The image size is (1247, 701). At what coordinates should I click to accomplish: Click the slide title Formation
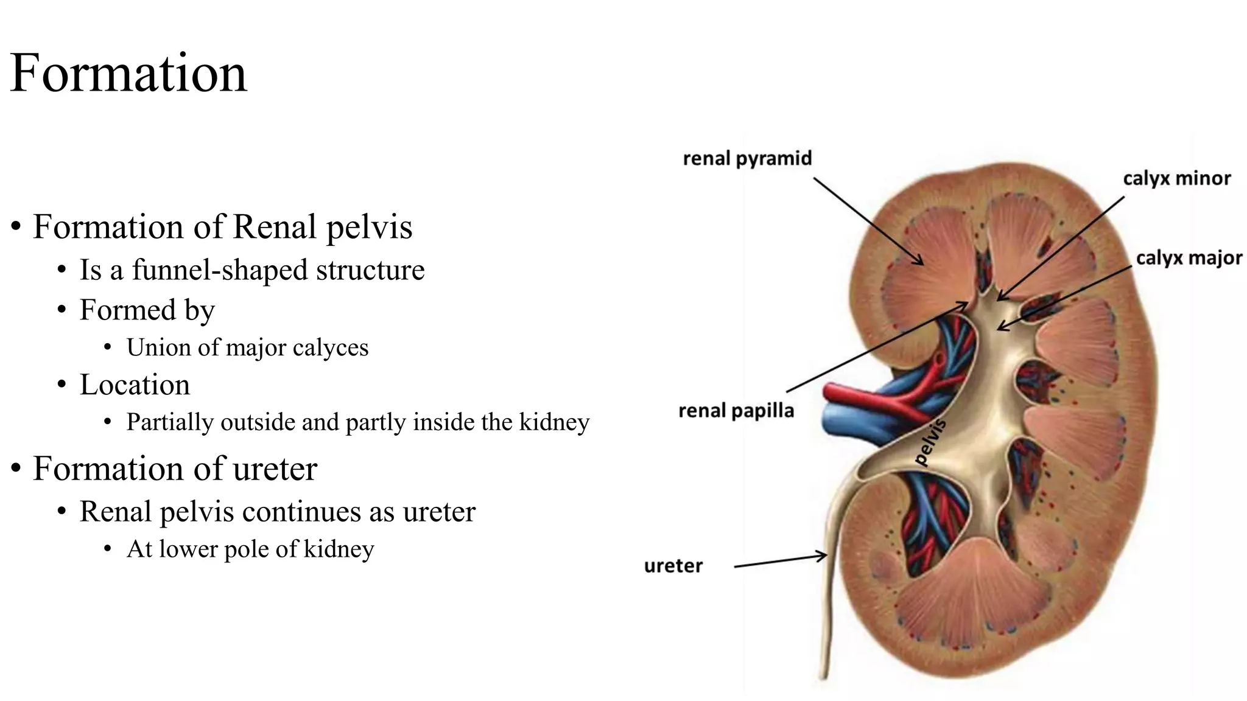(128, 73)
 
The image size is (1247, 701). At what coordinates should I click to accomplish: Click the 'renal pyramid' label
(747, 159)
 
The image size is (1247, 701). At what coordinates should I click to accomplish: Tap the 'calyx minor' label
(1176, 178)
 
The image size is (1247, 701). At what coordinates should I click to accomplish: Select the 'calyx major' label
(1189, 258)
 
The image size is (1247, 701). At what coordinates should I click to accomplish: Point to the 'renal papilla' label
(736, 411)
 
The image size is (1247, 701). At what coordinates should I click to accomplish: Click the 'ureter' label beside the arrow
(673, 566)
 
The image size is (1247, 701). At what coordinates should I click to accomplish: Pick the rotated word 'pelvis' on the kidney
(931, 442)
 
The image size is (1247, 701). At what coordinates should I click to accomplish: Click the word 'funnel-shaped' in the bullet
(220, 270)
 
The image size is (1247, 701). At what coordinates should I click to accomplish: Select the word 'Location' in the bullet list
(135, 385)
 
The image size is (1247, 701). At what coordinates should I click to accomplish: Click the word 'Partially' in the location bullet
(170, 422)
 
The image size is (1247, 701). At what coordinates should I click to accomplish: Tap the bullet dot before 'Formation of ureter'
(16, 469)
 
